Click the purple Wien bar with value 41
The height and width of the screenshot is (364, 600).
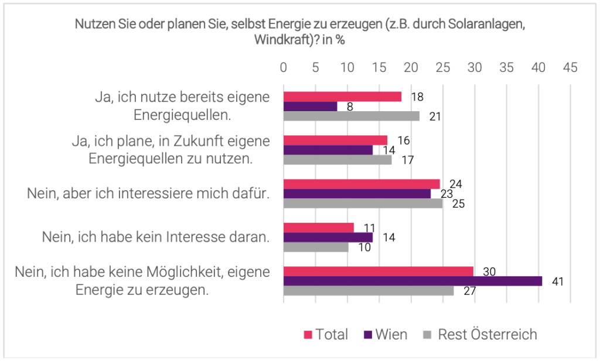point(412,281)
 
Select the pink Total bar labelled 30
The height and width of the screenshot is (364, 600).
point(379,271)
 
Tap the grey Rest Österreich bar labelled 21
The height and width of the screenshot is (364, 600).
point(352,116)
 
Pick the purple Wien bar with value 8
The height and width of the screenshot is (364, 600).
point(311,107)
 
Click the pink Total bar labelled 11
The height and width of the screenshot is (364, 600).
point(319,228)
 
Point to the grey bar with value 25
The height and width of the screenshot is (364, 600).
point(363,204)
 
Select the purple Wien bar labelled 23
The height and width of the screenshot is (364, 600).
point(357,194)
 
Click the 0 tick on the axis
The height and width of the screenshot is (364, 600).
point(284,67)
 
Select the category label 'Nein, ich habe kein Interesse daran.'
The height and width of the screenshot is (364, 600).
point(155,237)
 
